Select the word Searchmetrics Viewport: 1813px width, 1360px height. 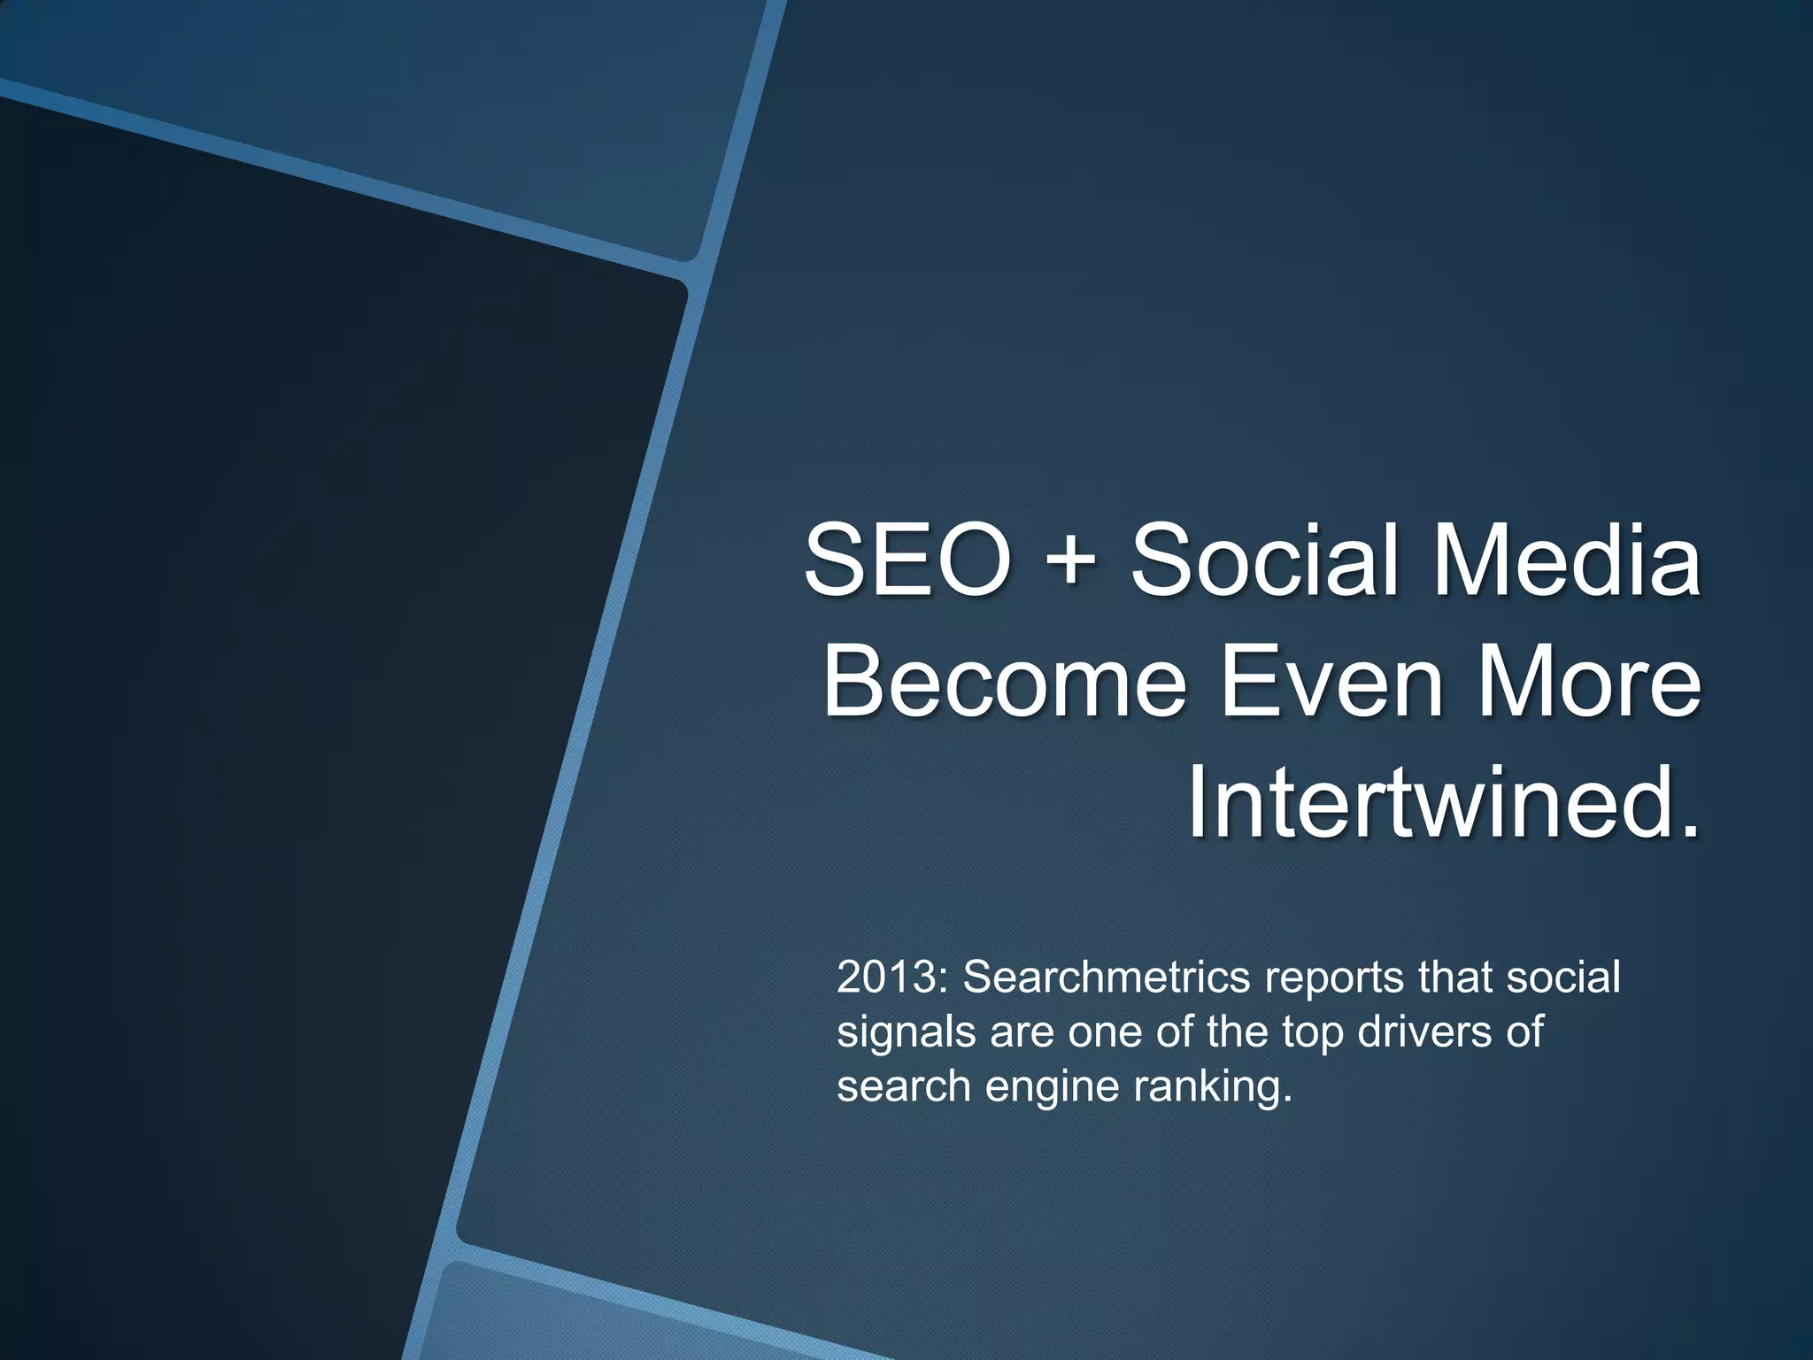(1106, 978)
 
